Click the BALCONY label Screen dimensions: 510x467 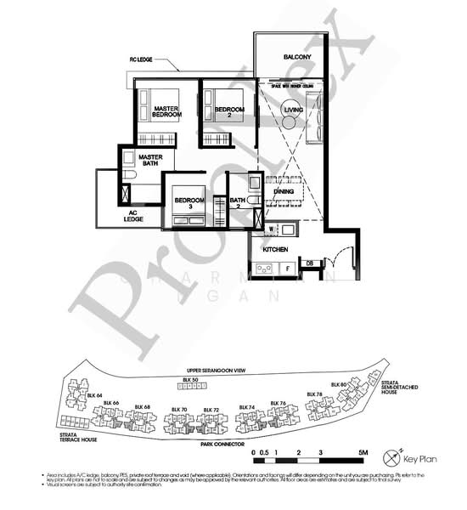click(288, 57)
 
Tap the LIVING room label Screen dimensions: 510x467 click(294, 110)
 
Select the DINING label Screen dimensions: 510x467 click(284, 192)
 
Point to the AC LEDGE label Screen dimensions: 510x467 click(132, 216)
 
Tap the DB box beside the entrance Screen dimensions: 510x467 click(311, 263)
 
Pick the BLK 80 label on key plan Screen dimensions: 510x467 click(344, 384)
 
